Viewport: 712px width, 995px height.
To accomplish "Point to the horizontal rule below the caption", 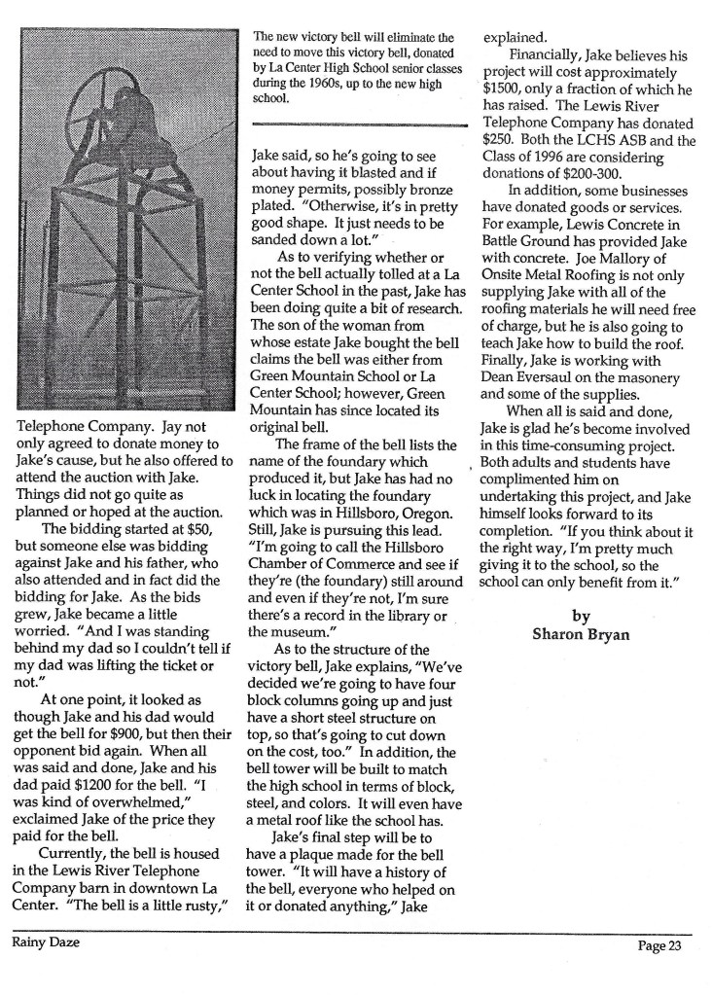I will [359, 125].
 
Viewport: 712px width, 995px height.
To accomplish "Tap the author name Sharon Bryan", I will [581, 636].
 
